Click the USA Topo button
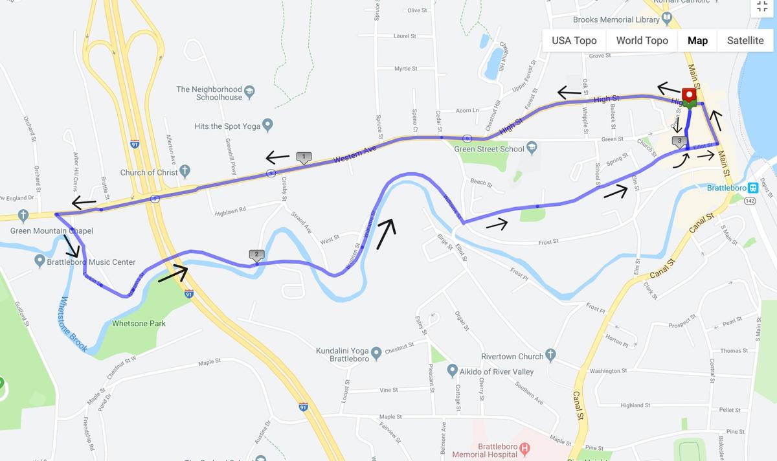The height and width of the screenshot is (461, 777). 574,40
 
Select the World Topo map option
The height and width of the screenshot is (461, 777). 642,40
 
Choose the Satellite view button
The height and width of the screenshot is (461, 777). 745,40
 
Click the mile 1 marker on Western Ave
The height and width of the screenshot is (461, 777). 304,157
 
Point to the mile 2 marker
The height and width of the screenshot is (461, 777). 256,255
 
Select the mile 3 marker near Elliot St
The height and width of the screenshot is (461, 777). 679,141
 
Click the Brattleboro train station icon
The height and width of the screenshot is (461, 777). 753,188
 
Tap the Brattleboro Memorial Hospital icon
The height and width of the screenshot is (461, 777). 525,447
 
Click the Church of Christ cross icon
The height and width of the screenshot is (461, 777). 185,172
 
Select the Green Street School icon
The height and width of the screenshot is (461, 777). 532,148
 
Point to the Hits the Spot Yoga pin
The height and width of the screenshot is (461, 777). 268,126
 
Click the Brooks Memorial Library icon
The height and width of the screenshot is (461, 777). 668,19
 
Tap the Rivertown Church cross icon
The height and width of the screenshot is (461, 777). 550,355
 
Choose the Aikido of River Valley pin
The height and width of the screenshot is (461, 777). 453,371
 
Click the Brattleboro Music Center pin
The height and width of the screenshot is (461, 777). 39,262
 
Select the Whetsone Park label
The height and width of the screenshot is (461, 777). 139,323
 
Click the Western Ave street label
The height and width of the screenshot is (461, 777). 355,154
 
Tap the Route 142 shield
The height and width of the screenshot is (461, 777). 750,201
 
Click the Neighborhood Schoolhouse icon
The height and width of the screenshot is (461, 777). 250,93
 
